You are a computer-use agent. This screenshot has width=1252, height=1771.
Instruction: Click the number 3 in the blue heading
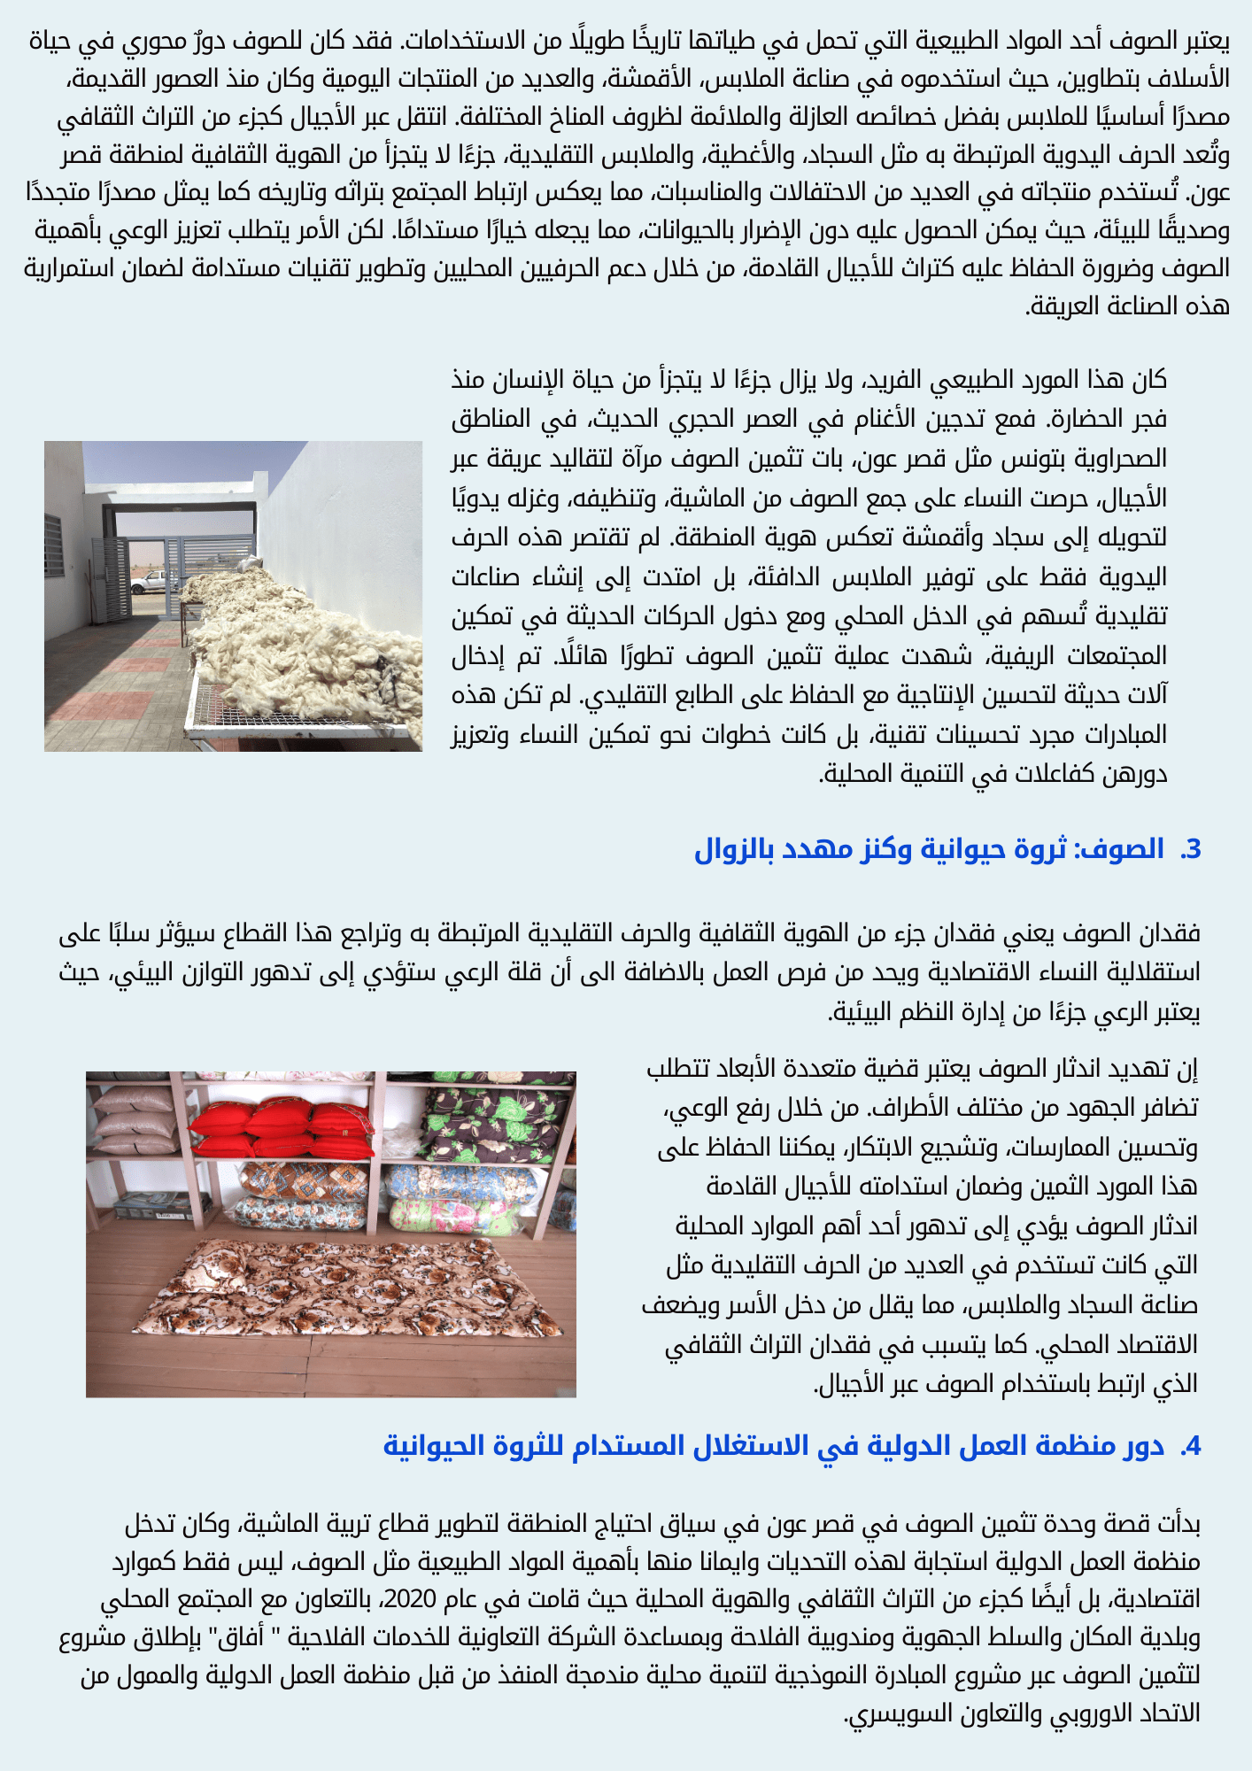[x=1192, y=849]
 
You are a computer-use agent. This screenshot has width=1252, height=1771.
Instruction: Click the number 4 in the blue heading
[x=1192, y=1446]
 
